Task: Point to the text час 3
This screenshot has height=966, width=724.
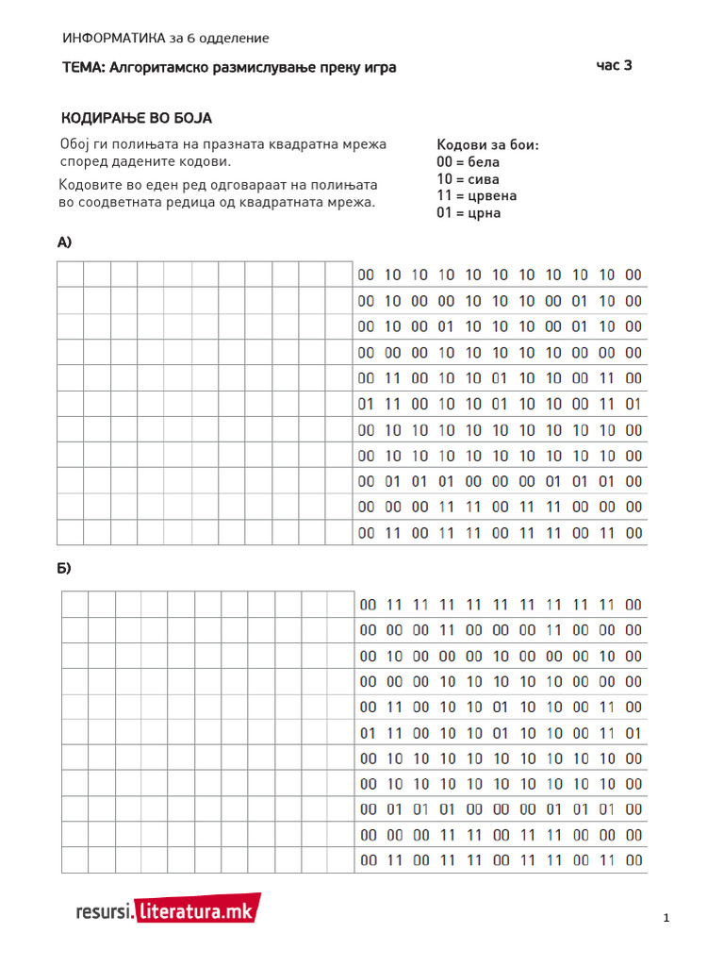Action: click(x=614, y=66)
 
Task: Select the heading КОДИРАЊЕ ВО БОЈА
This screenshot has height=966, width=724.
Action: click(x=137, y=118)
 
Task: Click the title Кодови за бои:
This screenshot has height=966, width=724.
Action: click(x=487, y=145)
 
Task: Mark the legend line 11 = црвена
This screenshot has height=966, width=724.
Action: click(x=476, y=196)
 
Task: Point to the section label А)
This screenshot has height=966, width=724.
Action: click(x=65, y=242)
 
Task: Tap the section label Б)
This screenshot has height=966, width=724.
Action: click(x=65, y=569)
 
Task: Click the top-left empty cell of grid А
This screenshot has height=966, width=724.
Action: click(x=71, y=275)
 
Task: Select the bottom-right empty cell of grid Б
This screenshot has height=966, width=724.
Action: click(x=341, y=860)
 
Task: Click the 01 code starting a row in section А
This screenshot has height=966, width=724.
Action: click(x=367, y=404)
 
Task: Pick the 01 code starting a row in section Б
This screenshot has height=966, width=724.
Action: click(x=369, y=733)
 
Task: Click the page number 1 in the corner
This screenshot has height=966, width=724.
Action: click(x=666, y=918)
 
